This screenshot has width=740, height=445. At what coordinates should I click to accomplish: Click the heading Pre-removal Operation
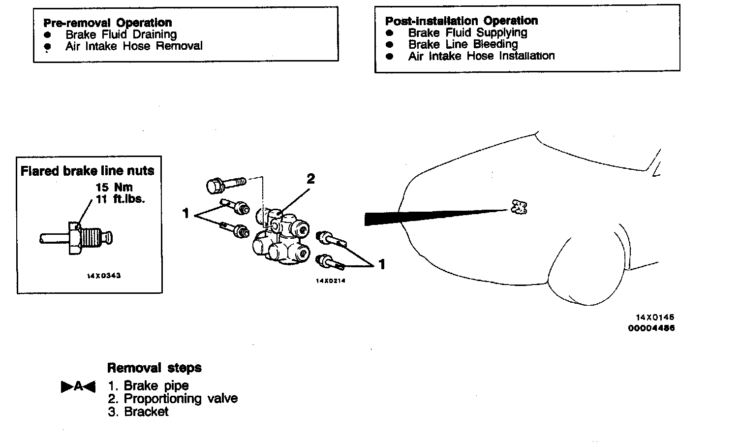point(107,23)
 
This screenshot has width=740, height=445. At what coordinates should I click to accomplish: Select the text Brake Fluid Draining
point(121,34)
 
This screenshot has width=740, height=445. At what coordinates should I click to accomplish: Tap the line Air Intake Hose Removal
point(134,46)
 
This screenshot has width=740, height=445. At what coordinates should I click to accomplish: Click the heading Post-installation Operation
point(461,21)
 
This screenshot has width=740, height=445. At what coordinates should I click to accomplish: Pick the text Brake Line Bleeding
point(462,44)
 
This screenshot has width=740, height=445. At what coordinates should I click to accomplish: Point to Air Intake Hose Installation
point(481,56)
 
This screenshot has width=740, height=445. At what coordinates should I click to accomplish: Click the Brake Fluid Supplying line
point(467,32)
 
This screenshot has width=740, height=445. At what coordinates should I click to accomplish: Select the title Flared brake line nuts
point(87,171)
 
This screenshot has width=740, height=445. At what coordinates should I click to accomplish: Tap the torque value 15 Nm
point(114,187)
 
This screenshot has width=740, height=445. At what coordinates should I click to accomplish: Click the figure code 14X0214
point(330,281)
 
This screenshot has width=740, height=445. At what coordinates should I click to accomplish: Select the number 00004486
point(651,328)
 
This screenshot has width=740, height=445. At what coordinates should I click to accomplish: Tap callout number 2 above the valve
point(310,179)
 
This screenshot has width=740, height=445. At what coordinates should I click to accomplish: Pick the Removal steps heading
point(154,368)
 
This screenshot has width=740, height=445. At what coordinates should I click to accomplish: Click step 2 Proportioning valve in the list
point(173,398)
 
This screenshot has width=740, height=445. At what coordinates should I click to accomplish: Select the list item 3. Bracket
point(138,412)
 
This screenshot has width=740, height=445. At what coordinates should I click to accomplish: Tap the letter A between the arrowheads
point(78,387)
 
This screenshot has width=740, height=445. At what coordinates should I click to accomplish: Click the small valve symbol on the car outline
point(519,207)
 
